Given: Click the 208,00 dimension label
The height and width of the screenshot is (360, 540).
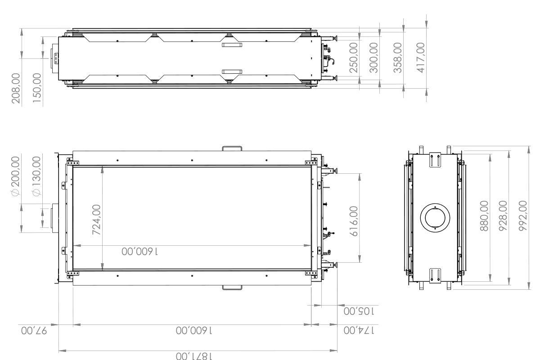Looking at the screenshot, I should [17, 89].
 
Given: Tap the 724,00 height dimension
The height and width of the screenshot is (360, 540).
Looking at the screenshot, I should [96, 220].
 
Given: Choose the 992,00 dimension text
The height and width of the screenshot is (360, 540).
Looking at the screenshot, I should [523, 216].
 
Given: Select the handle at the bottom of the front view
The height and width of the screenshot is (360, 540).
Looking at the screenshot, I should [232, 287].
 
